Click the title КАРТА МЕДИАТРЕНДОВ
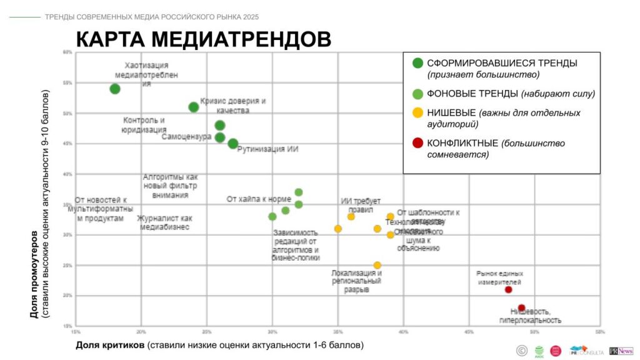pos(203,39)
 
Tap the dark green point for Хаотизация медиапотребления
pos(115,89)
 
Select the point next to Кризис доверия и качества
pos(194,107)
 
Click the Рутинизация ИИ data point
pos(233,144)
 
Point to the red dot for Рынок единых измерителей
pos(508,289)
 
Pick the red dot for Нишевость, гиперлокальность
pos(521,307)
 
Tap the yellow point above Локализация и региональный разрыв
pos(377,266)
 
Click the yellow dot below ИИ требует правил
pos(351,217)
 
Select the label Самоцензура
pos(186,137)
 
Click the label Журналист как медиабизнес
pos(165,222)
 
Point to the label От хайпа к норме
pos(259,199)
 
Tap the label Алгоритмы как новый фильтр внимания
pos(170,186)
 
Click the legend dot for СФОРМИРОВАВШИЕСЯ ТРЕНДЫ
pos(417,62)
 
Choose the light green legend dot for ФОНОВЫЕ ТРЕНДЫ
pos(417,94)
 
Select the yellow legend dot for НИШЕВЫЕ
pos(417,113)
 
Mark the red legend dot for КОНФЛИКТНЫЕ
pos(417,143)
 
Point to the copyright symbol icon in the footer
pos(521,351)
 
